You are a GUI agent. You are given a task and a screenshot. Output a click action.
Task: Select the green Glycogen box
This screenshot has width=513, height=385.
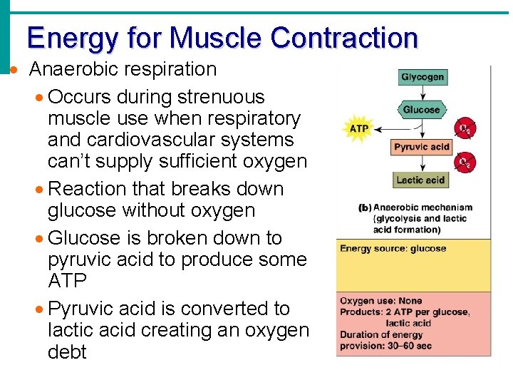pos(422,77)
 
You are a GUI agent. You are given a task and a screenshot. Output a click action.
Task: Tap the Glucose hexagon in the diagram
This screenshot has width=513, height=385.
pos(421,110)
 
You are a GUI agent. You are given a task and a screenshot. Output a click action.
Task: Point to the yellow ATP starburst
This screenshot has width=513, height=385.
pos(358,129)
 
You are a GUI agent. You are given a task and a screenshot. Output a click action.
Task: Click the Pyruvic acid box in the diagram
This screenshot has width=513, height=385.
pos(422,147)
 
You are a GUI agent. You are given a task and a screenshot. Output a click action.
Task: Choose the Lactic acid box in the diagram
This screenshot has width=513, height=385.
pos(420,180)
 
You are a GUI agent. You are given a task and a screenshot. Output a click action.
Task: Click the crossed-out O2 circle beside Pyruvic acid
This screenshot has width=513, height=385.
pos(465,129)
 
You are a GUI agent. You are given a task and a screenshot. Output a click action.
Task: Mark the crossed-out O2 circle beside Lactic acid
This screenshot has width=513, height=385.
pos(465,163)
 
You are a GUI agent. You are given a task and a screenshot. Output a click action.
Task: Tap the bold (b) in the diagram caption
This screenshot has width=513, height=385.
pos(364,208)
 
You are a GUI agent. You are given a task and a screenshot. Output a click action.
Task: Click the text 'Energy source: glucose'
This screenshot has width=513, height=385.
pos(393,249)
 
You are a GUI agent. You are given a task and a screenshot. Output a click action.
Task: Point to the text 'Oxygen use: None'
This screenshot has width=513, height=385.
pos(380,301)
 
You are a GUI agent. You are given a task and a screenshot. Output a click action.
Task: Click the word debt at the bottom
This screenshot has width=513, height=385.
pos(67,351)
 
